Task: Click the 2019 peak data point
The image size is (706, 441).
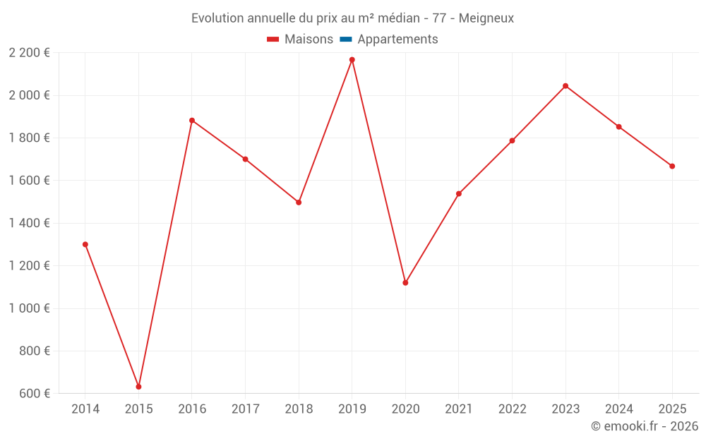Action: pyautogui.click(x=352, y=60)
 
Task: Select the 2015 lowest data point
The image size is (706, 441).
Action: pyautogui.click(x=138, y=387)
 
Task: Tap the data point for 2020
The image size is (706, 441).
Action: pyautogui.click(x=405, y=283)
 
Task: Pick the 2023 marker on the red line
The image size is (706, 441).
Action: pyautogui.click(x=566, y=86)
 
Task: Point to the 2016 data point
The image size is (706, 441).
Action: pyautogui.click(x=192, y=121)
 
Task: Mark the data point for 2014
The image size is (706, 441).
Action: pyautogui.click(x=85, y=244)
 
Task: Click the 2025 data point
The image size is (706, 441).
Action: pyautogui.click(x=672, y=167)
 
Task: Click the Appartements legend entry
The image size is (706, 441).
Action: pyautogui.click(x=397, y=40)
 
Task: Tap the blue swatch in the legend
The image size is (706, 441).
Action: pyautogui.click(x=346, y=40)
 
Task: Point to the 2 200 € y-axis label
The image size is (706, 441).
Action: pyautogui.click(x=29, y=52)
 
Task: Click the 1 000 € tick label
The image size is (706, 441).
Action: pyautogui.click(x=29, y=308)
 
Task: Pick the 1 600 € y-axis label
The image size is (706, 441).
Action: pyautogui.click(x=29, y=181)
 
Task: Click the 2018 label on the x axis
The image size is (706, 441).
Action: pyautogui.click(x=299, y=409)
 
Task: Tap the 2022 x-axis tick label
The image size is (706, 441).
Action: pyautogui.click(x=512, y=409)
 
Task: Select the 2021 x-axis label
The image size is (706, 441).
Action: pyautogui.click(x=459, y=409)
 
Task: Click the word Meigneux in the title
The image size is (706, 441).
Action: pyautogui.click(x=486, y=18)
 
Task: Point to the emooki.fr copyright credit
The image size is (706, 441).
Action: pyautogui.click(x=645, y=426)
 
